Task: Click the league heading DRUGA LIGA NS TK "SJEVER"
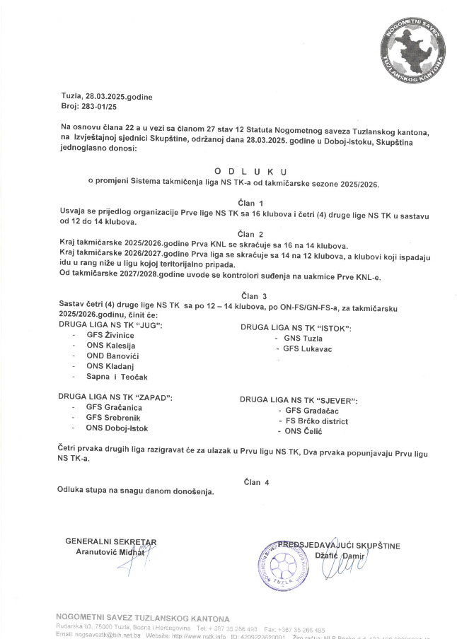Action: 299,400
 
